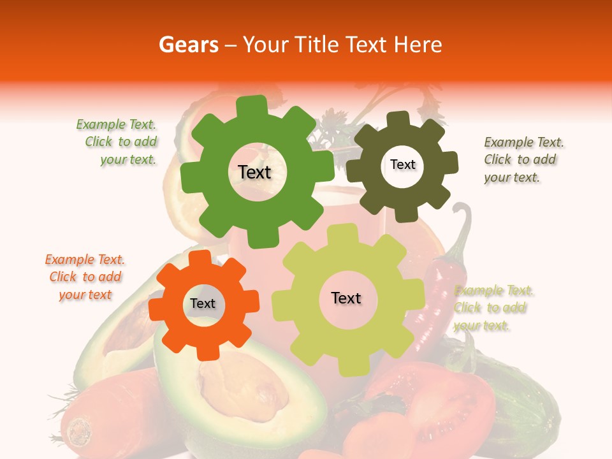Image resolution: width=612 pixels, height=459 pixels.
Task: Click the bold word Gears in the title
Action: coord(188,45)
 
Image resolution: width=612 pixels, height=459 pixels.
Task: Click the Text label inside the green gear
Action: coord(254,172)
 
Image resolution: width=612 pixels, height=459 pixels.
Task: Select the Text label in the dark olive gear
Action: coord(402,164)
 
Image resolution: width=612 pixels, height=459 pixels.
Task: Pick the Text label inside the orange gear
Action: coord(203,303)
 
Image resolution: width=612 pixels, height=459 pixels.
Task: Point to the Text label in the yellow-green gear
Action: coord(346,298)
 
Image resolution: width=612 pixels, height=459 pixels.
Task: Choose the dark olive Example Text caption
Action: coord(523,159)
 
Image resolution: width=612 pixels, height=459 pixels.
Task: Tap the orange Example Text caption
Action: coord(85,277)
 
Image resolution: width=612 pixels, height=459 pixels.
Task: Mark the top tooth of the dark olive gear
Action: coord(398,120)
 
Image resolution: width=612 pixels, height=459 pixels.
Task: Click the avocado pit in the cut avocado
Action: coord(236,386)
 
